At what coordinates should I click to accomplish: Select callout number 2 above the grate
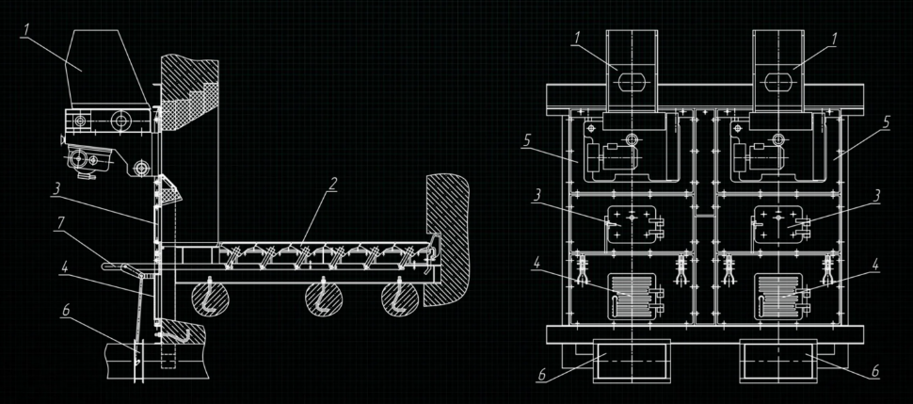tap(332, 185)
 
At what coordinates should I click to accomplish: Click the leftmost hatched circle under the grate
tap(210, 299)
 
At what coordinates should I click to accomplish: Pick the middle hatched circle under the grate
tap(324, 299)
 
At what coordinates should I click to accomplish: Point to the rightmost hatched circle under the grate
tap(399, 299)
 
